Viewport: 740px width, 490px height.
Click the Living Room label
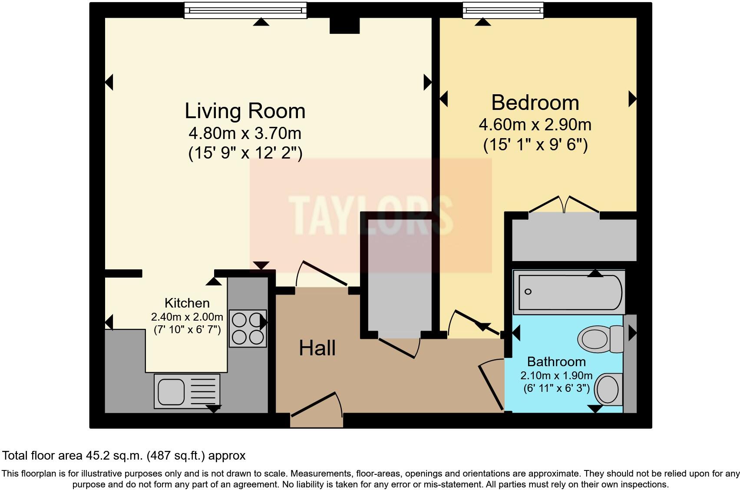(x=245, y=111)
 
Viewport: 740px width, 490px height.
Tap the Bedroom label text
(x=535, y=103)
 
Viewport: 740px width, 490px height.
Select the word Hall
(x=317, y=348)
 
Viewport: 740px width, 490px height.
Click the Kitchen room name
(x=187, y=303)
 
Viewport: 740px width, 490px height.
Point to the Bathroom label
(x=556, y=361)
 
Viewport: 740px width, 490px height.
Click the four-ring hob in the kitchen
(x=248, y=328)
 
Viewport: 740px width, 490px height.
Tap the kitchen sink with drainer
(x=187, y=391)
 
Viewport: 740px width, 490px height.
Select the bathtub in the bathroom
(x=569, y=292)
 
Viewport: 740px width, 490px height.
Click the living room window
(x=245, y=10)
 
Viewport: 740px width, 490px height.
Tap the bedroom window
(x=503, y=10)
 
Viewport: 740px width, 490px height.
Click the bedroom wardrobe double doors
(x=564, y=205)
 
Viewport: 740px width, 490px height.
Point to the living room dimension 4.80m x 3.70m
(x=245, y=133)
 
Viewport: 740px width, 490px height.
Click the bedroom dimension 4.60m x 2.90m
(x=535, y=125)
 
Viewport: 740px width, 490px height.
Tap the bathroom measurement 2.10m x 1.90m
(x=556, y=375)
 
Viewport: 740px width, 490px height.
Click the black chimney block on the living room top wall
(x=344, y=25)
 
